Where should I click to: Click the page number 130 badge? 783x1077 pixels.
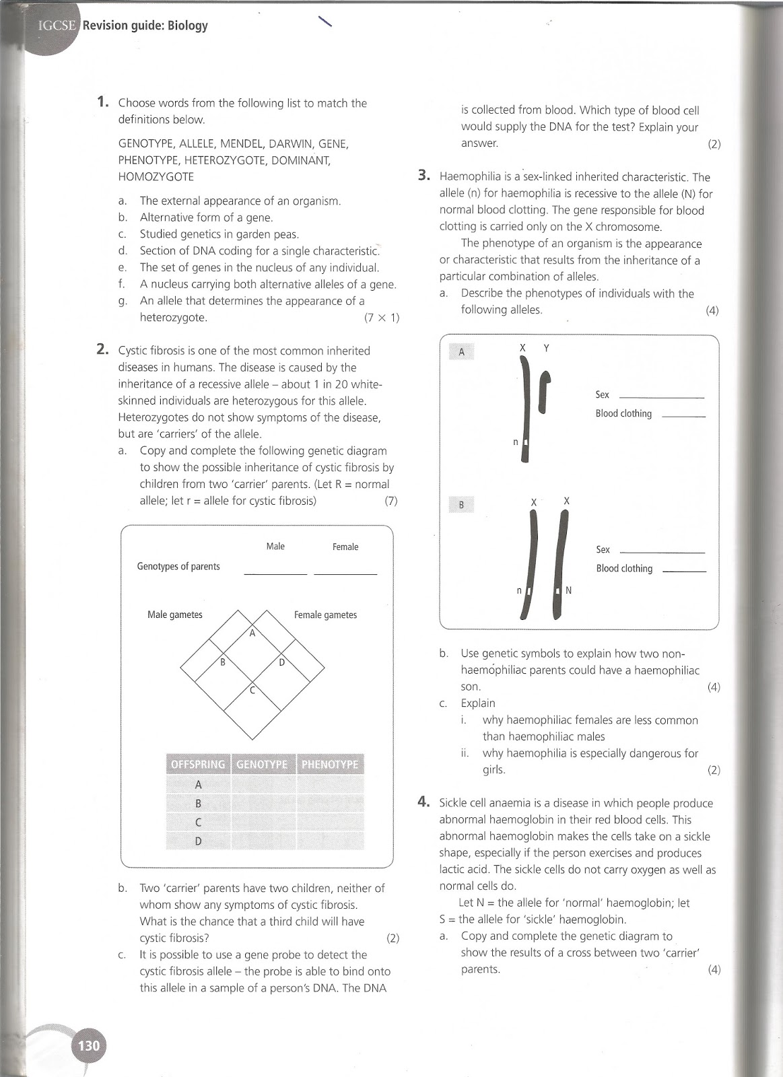point(89,1045)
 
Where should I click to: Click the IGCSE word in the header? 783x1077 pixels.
point(57,26)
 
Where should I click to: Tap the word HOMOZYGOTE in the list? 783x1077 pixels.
point(156,176)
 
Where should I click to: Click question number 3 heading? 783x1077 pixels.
point(423,176)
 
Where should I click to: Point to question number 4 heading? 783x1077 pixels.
point(423,802)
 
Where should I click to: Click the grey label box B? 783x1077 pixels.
point(461,505)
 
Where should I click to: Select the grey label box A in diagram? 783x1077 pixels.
point(461,351)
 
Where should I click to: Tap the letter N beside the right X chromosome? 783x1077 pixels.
point(568,590)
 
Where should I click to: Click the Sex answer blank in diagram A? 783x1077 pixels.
point(660,396)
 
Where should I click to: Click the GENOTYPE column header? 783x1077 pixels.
point(262,764)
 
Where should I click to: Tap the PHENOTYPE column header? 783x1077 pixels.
point(330,764)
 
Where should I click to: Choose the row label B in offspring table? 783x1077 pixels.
point(198,803)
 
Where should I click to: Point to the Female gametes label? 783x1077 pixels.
point(325,615)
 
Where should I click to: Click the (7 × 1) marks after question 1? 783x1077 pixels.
point(381,318)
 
